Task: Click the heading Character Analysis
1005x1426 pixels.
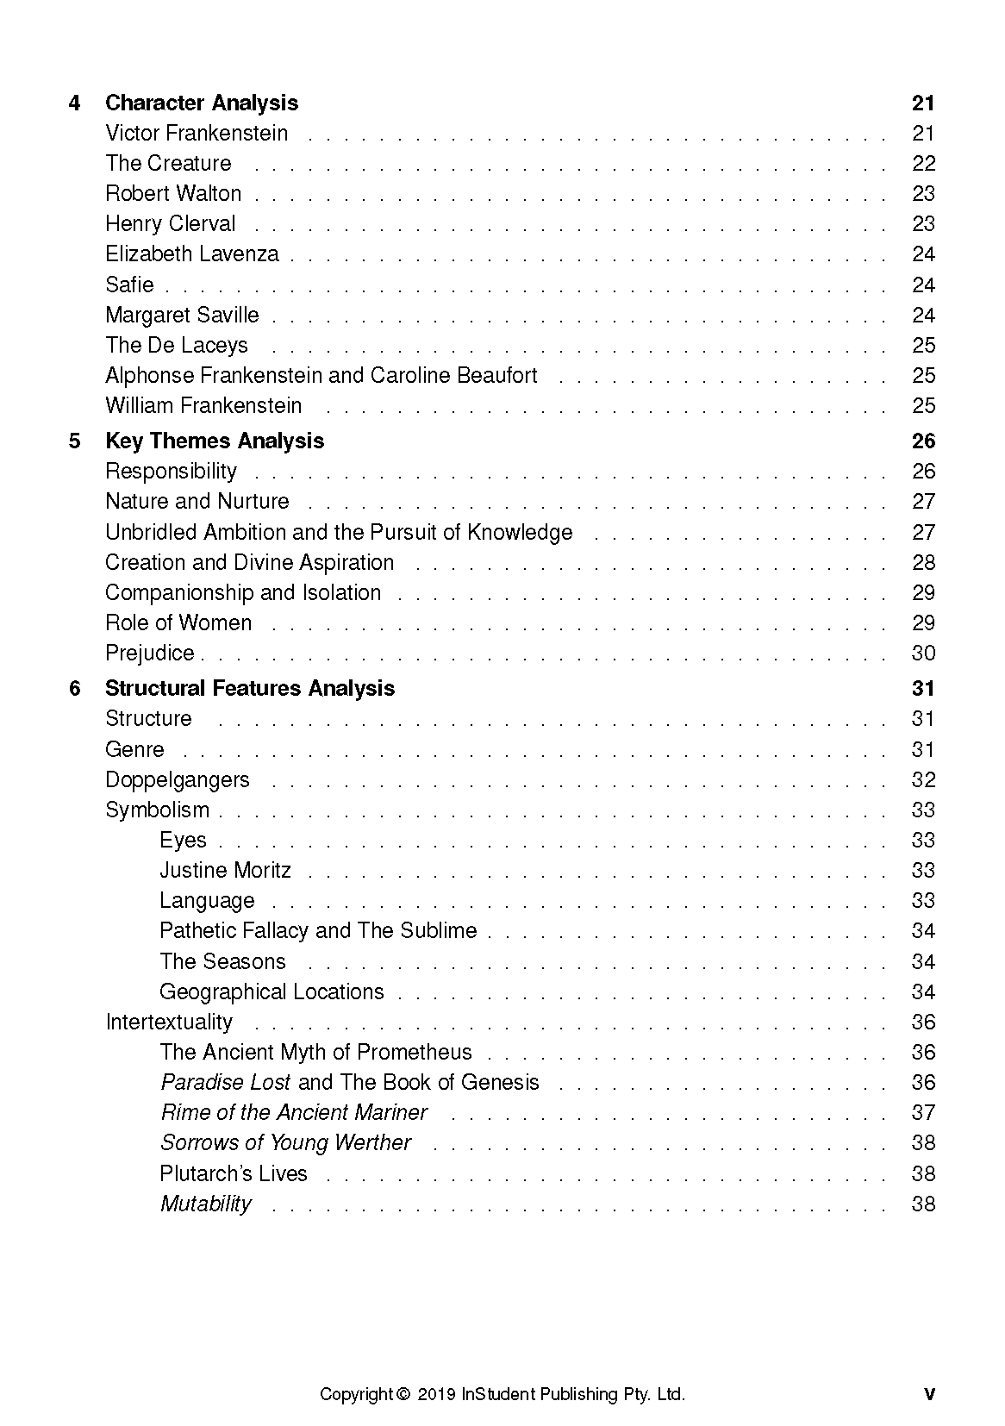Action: pos(201,103)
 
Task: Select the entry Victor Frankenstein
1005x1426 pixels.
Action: pos(197,133)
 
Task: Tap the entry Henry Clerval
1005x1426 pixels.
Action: pos(170,223)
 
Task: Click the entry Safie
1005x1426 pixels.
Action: pos(129,285)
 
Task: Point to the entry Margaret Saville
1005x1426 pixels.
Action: pos(182,315)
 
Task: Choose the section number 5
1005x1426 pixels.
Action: pos(75,441)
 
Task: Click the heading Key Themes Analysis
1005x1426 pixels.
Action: pos(214,441)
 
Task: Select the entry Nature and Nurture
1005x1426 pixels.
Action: pos(197,501)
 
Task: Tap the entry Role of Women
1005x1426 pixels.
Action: pos(178,622)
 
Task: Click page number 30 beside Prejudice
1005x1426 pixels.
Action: pos(922,653)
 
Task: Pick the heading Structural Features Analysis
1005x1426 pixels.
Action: pos(249,688)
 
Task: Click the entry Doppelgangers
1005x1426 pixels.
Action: pos(177,779)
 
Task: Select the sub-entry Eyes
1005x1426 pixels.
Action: pos(183,840)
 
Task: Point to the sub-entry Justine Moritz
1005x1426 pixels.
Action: pos(225,870)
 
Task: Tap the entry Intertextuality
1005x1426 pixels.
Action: pos(169,1022)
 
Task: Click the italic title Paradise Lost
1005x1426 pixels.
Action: pos(226,1082)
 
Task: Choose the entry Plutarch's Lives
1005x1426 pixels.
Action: pos(233,1173)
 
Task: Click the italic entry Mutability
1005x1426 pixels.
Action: pos(205,1204)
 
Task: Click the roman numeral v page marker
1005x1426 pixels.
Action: pos(928,1394)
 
